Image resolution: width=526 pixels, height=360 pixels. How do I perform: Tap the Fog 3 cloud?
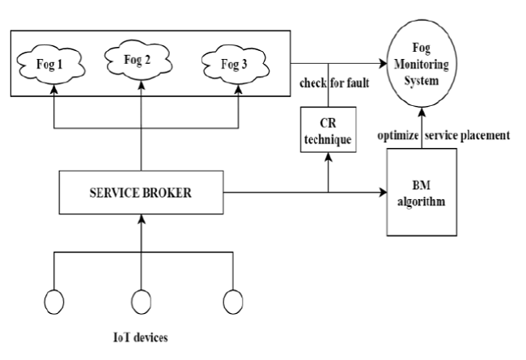[238, 62]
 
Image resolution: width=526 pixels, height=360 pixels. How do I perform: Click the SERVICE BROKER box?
[141, 193]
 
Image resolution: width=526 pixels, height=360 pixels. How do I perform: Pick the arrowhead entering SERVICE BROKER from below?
[141, 218]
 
